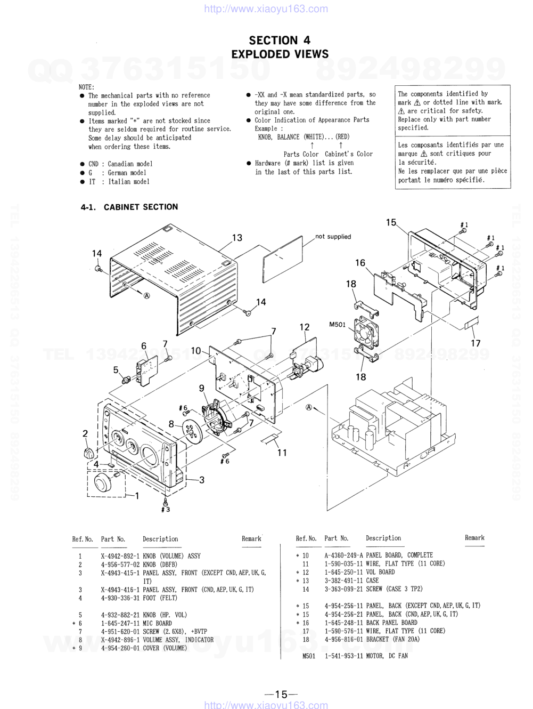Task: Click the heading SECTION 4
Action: [x=280, y=40]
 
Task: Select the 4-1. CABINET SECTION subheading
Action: [x=129, y=207]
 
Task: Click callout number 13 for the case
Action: [x=237, y=238]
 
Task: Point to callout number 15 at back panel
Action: [x=391, y=222]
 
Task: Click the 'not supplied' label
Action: [x=333, y=237]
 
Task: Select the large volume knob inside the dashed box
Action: [x=103, y=483]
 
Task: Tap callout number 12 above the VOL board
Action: [x=305, y=327]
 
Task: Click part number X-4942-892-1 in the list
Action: [x=120, y=556]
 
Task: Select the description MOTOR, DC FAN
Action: [x=387, y=656]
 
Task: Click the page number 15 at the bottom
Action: [x=281, y=694]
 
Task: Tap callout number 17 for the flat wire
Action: [x=475, y=343]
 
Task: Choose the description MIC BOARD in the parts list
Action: [x=157, y=623]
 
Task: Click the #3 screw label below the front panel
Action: [x=166, y=510]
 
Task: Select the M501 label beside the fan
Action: [x=337, y=324]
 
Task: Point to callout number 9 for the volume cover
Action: [x=202, y=388]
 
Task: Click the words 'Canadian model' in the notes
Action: [x=130, y=164]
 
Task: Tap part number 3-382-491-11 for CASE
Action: [x=343, y=581]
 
